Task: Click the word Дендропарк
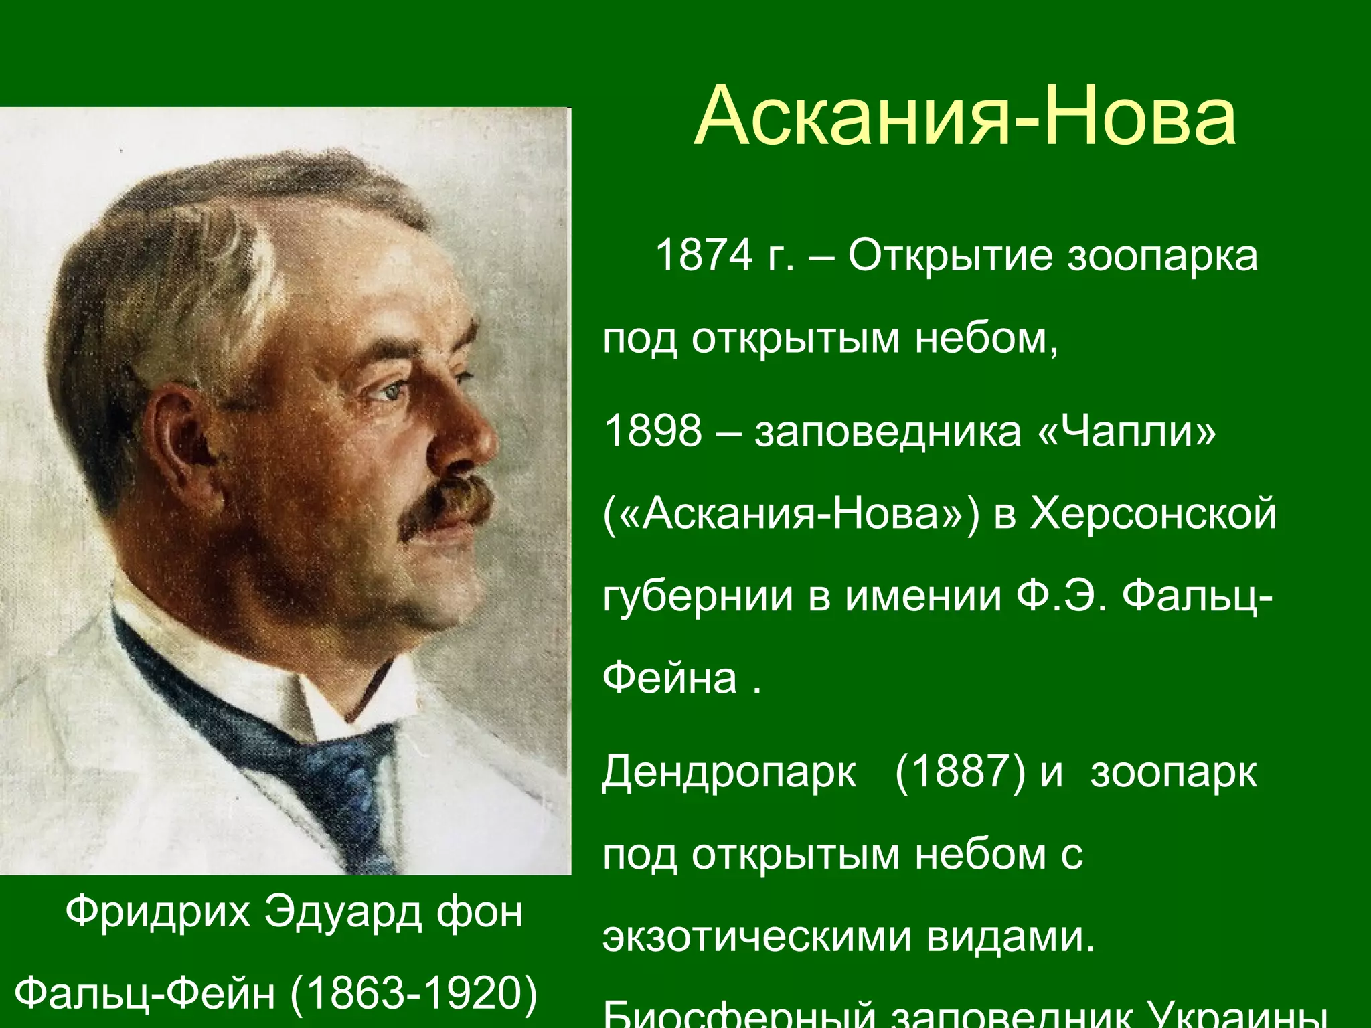(x=728, y=772)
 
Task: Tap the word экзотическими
(x=757, y=937)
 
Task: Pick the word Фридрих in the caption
(x=158, y=911)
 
